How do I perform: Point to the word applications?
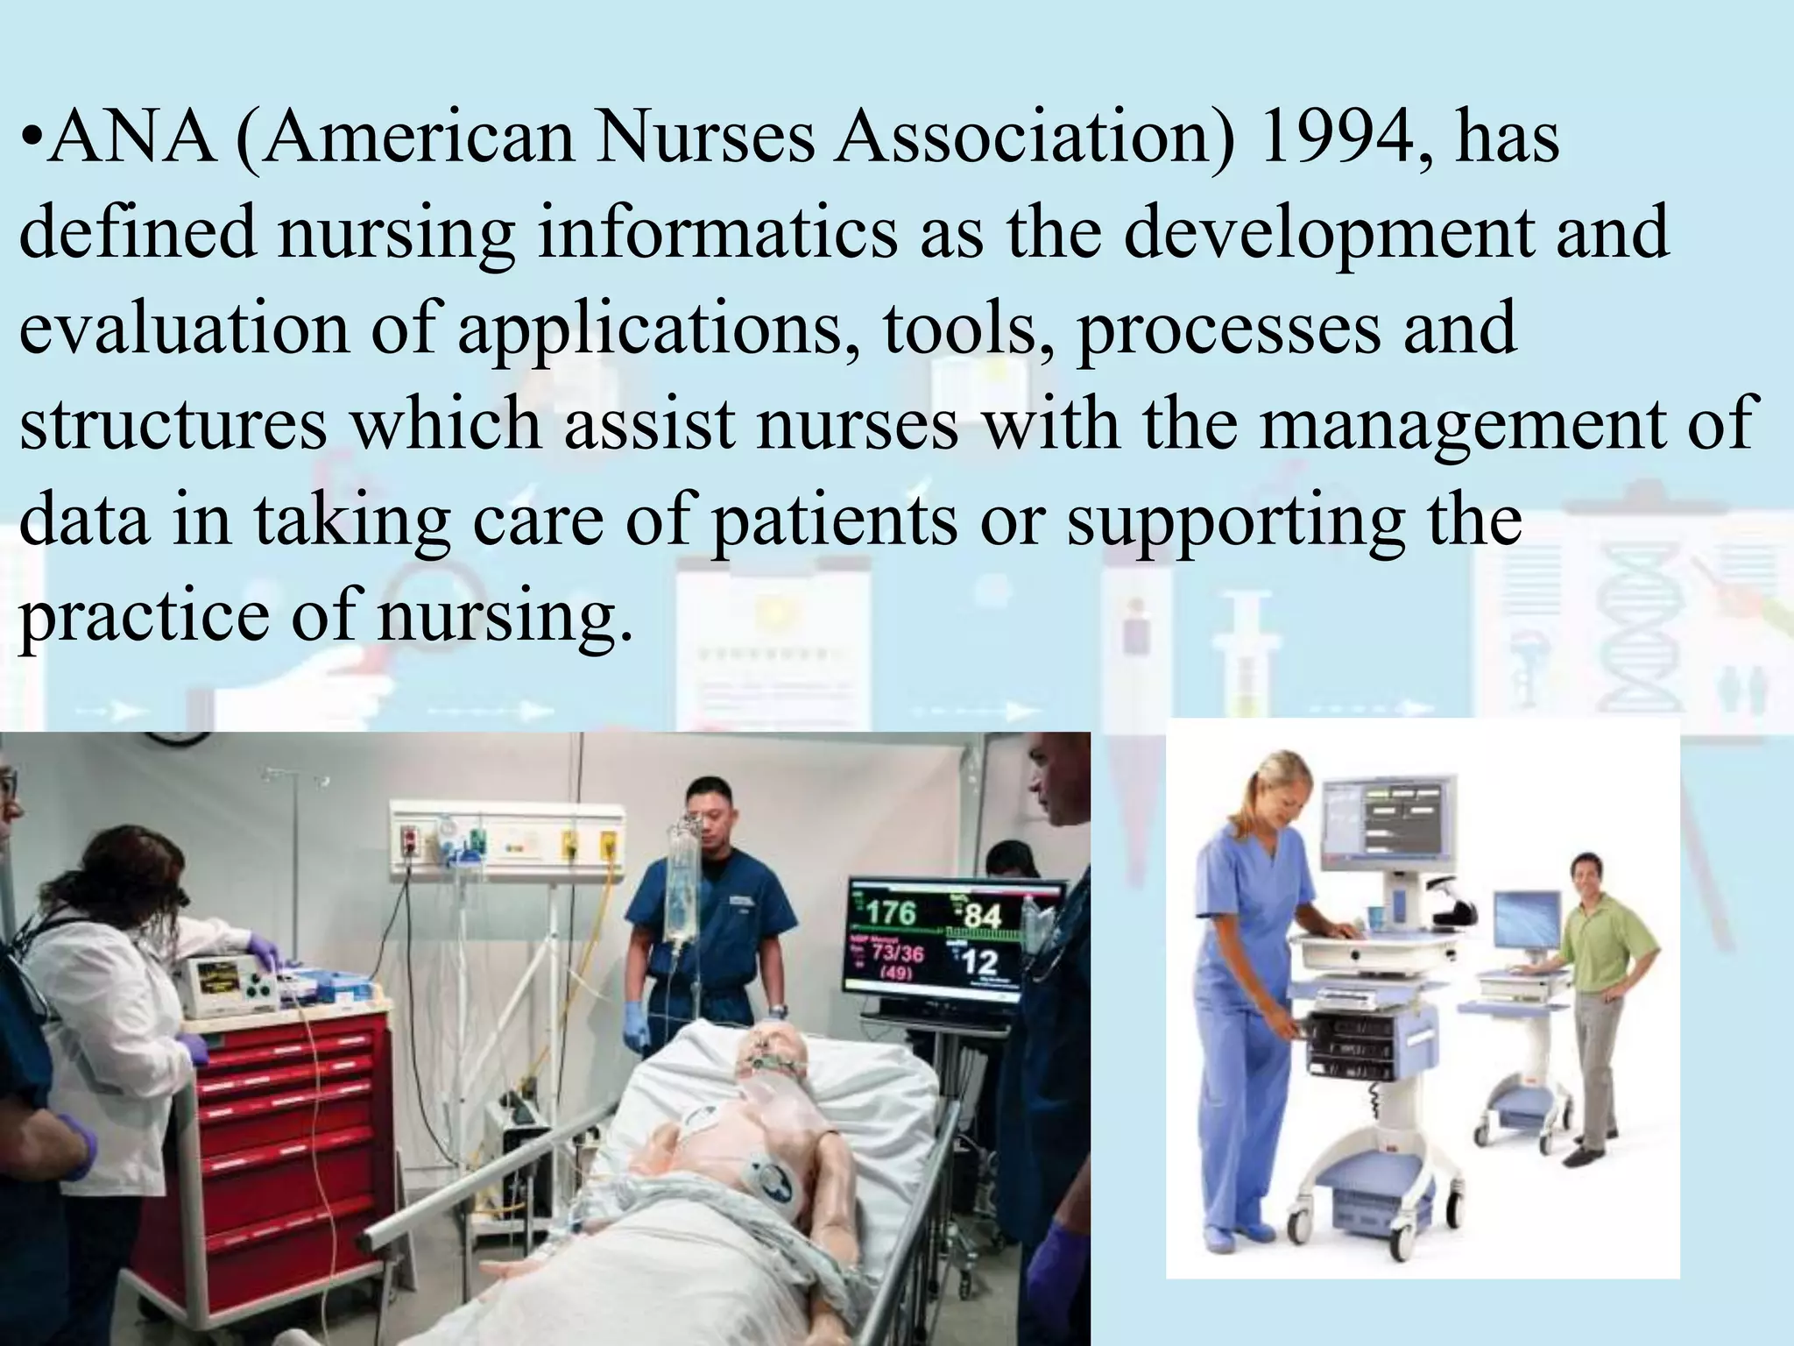click(x=648, y=329)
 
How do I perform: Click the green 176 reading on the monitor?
click(x=891, y=913)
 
